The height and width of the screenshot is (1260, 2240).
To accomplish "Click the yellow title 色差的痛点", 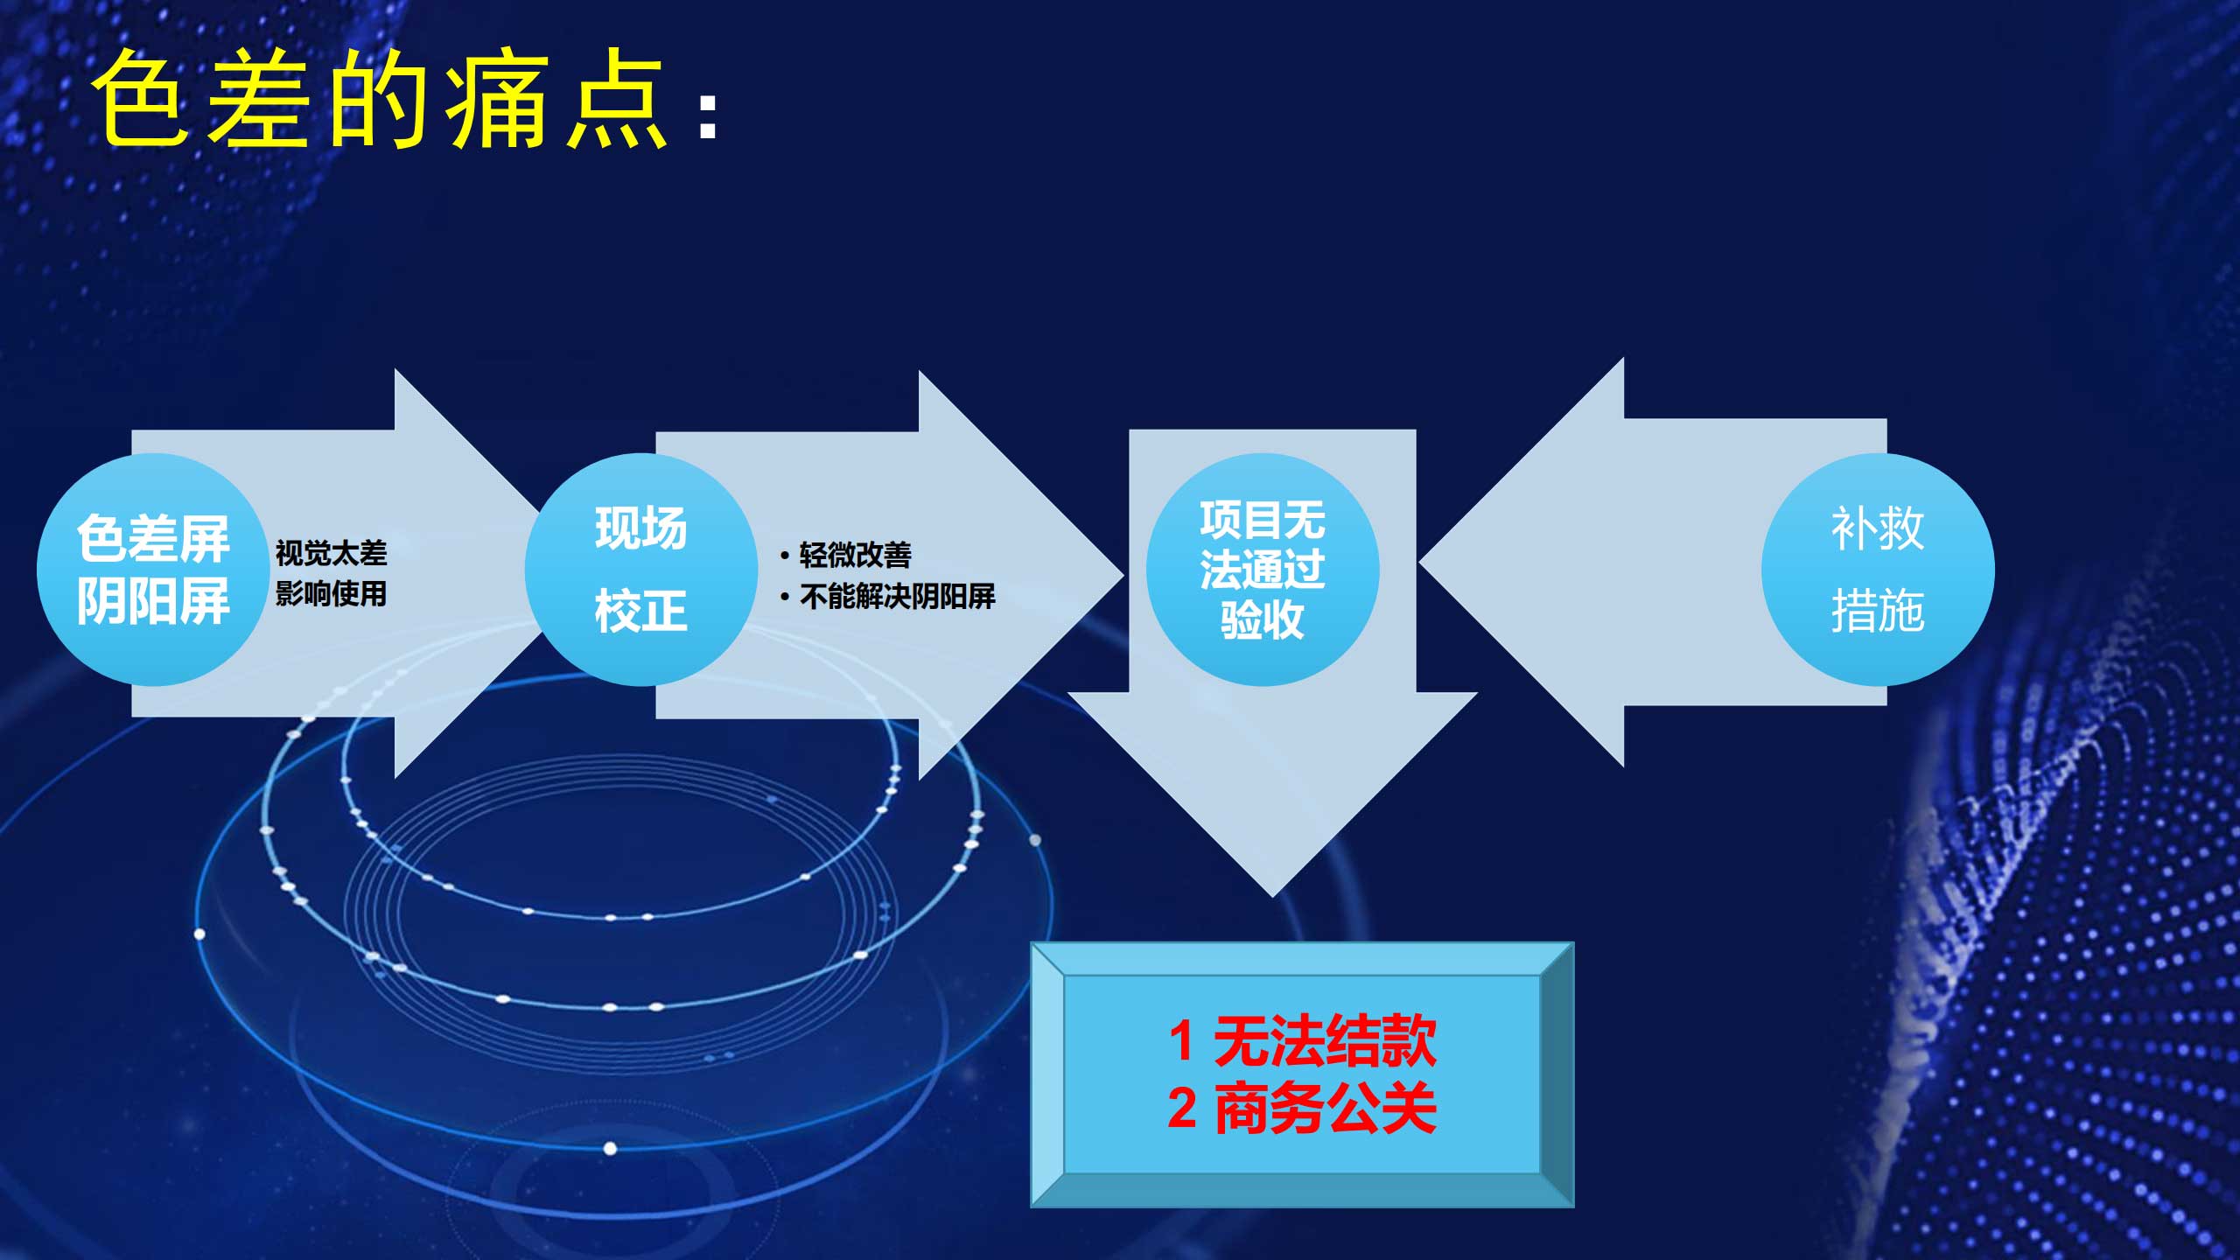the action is click(x=381, y=99).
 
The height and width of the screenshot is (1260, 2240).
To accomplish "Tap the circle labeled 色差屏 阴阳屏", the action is click(x=153, y=570).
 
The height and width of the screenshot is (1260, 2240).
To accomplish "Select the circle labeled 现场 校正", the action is click(x=640, y=570).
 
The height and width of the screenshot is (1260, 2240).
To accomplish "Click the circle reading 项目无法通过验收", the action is click(x=1263, y=570).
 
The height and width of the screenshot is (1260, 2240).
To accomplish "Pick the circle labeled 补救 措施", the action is click(x=1878, y=570).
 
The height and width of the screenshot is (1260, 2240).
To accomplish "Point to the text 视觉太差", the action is click(x=331, y=553).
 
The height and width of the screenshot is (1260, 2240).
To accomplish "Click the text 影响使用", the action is click(x=331, y=594).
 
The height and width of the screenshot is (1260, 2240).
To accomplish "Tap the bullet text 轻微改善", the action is click(x=855, y=555).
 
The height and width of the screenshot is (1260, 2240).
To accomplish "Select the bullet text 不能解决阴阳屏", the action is click(x=897, y=597).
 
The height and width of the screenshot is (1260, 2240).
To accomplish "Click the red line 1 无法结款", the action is click(x=1302, y=1040).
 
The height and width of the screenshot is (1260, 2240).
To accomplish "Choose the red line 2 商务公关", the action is click(x=1302, y=1108).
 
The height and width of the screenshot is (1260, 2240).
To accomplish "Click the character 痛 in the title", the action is click(x=499, y=99).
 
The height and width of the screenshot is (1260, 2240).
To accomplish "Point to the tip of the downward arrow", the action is click(x=1273, y=897).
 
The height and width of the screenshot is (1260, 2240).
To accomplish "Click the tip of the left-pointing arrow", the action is click(x=1420, y=563).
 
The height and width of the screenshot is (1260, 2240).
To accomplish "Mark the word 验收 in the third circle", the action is click(x=1263, y=619).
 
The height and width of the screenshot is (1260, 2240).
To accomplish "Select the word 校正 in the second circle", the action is click(x=640, y=610).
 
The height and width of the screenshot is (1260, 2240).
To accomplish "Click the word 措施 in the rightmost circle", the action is click(x=1878, y=610).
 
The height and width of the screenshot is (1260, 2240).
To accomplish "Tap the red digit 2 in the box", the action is click(x=1182, y=1109).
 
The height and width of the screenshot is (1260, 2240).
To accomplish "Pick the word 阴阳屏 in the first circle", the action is click(x=153, y=601).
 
